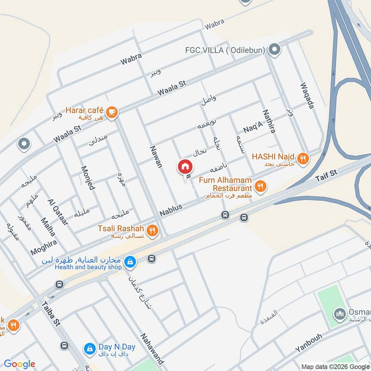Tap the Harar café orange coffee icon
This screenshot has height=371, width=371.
click(111, 111)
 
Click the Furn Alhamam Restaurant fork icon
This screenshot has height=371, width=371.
click(261, 186)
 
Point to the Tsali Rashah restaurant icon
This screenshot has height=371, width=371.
click(152, 230)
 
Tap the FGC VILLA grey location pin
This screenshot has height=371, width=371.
click(275, 48)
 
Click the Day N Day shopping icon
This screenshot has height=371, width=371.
click(88, 348)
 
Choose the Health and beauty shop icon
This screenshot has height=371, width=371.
click(131, 262)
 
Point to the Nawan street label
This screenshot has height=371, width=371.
click(156, 156)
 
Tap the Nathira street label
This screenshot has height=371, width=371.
click(269, 122)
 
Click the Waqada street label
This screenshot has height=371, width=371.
click(307, 96)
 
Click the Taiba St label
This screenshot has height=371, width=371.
click(51, 313)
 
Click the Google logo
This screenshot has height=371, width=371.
click(19, 364)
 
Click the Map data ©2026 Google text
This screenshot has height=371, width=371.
click(333, 366)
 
